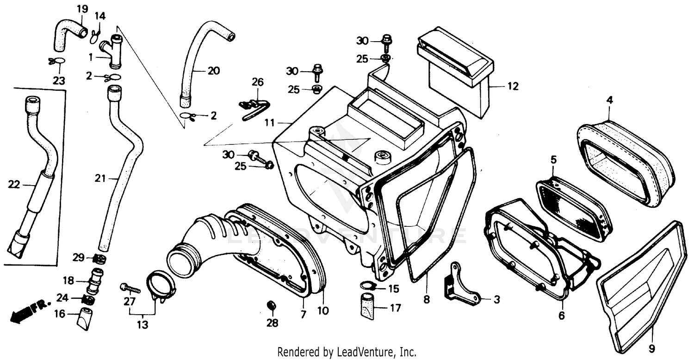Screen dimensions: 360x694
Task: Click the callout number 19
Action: pyautogui.click(x=81, y=9)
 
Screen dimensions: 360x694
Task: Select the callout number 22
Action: pyautogui.click(x=14, y=185)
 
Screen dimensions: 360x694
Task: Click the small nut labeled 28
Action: pyautogui.click(x=272, y=306)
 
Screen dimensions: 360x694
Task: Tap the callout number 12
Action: pyautogui.click(x=513, y=86)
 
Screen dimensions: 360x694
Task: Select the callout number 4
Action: pyautogui.click(x=610, y=99)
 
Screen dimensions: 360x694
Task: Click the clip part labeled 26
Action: pyautogui.click(x=254, y=108)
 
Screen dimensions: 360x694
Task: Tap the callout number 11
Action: pyautogui.click(x=270, y=123)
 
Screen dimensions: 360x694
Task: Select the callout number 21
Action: pyautogui.click(x=100, y=178)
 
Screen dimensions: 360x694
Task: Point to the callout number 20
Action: pyautogui.click(x=213, y=71)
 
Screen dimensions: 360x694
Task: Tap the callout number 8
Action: pyautogui.click(x=426, y=300)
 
